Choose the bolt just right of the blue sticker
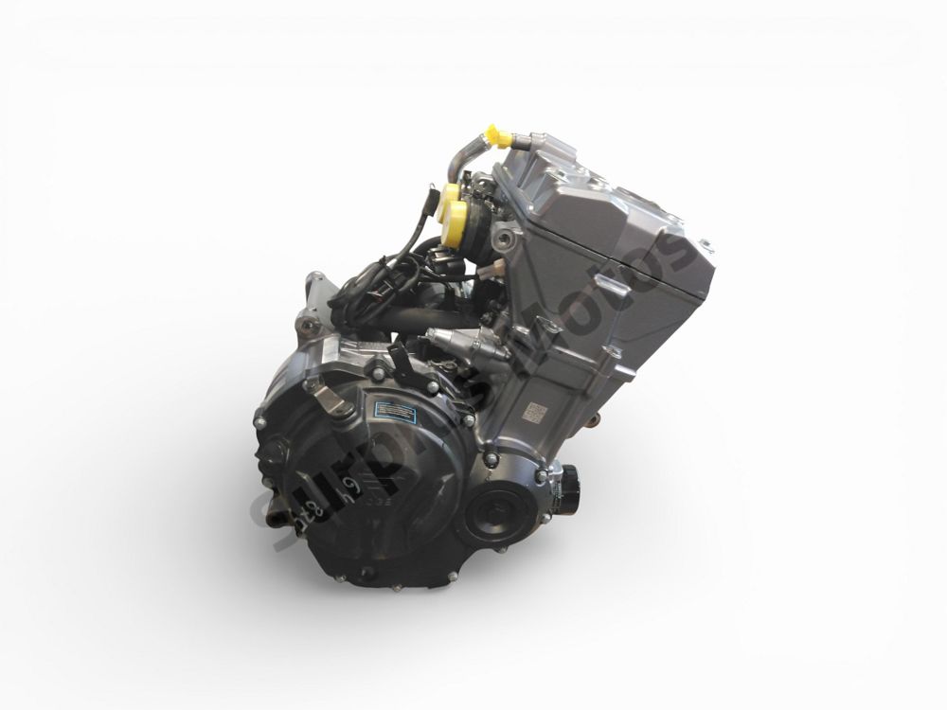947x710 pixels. [466, 417]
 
